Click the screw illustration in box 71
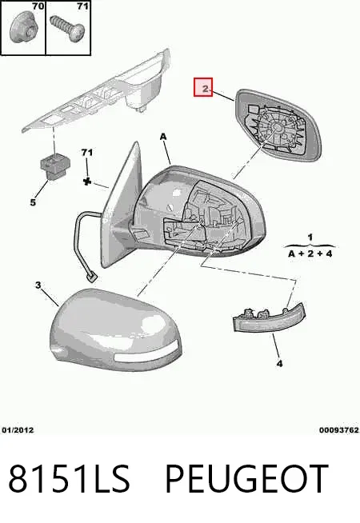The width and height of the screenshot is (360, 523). tap(67, 28)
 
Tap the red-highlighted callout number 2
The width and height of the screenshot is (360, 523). tap(203, 87)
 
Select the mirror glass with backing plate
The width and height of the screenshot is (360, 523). tap(278, 125)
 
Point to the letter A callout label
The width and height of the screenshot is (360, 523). tap(163, 137)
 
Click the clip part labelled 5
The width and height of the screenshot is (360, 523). tap(55, 166)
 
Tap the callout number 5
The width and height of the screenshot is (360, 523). tap(33, 202)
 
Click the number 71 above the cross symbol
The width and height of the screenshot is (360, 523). tap(86, 153)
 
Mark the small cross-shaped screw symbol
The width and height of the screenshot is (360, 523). tap(87, 182)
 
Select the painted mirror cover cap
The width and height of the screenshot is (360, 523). tap(115, 329)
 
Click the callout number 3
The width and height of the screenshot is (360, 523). tap(38, 285)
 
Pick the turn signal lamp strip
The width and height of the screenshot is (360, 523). tap(269, 319)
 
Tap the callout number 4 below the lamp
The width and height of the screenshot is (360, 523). tap(279, 363)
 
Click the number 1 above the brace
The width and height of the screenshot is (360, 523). tap(310, 238)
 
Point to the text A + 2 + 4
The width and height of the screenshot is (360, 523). tap(310, 254)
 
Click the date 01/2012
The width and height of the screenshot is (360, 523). tap(18, 430)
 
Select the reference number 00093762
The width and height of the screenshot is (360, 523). tap(339, 430)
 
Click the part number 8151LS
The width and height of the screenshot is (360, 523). tap(69, 478)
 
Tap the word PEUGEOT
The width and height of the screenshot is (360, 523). tap(247, 478)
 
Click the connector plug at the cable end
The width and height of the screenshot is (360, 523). tap(91, 277)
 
